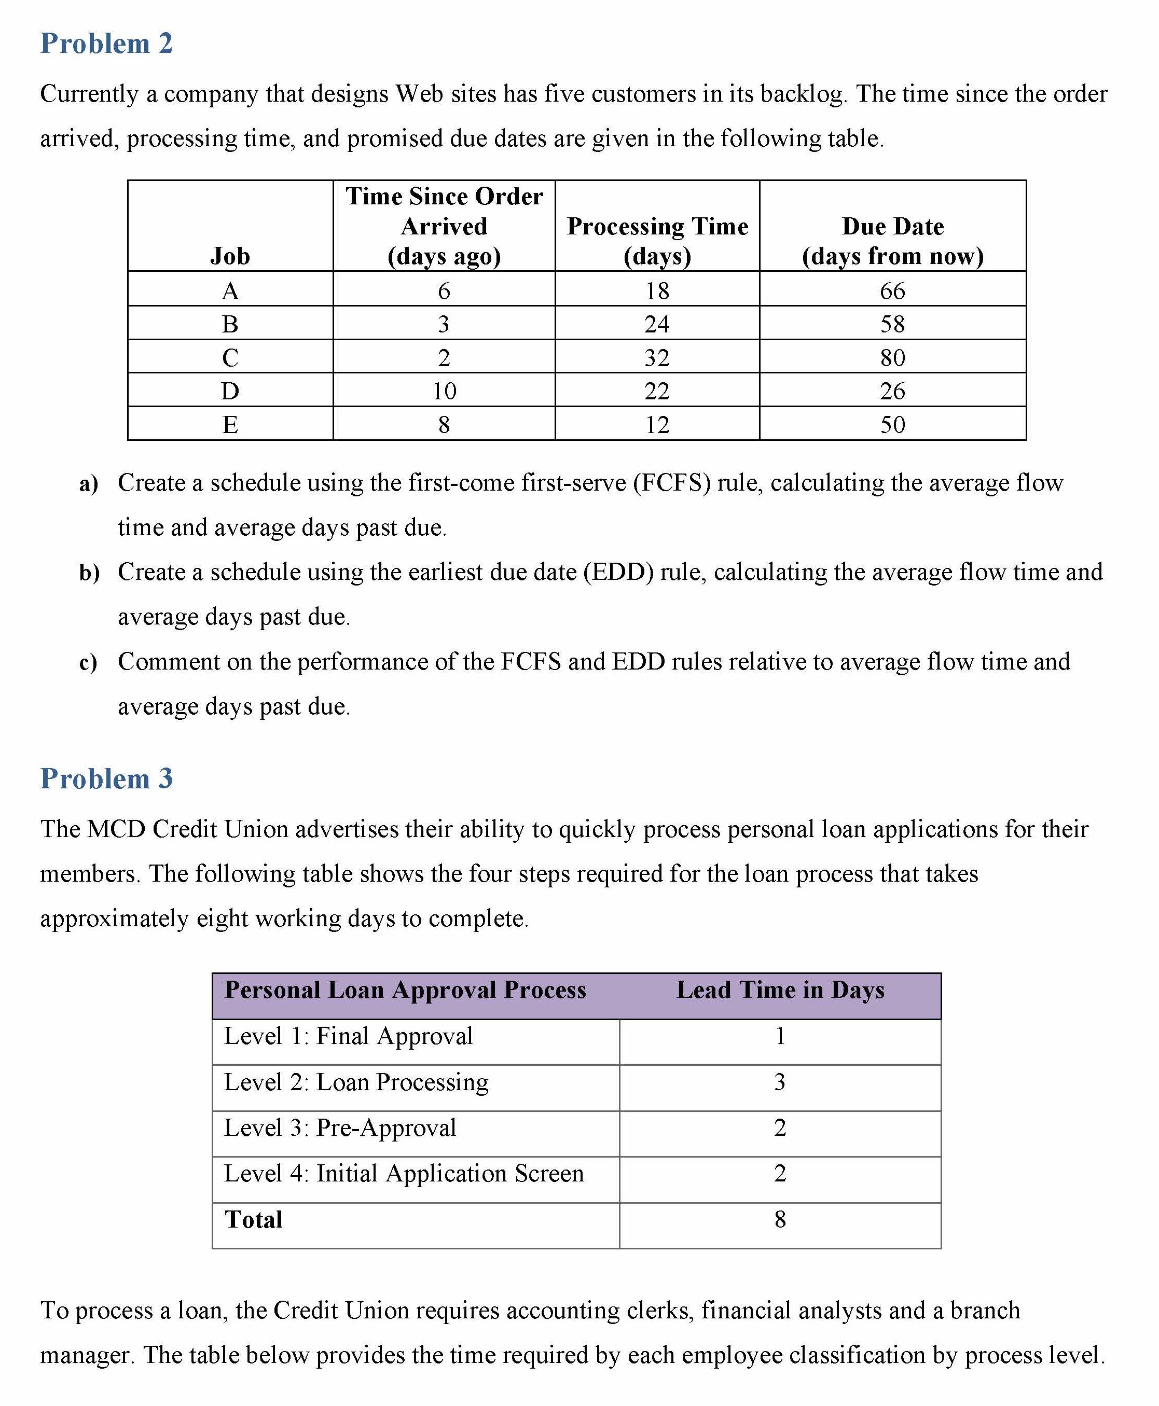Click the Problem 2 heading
pyautogui.click(x=106, y=44)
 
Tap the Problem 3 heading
pyautogui.click(x=106, y=779)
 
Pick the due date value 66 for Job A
pyautogui.click(x=893, y=291)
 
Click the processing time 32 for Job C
pyautogui.click(x=657, y=358)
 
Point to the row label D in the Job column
pyautogui.click(x=230, y=391)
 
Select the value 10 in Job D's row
pyautogui.click(x=444, y=391)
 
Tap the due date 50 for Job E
pyautogui.click(x=893, y=424)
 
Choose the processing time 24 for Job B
pyautogui.click(x=657, y=324)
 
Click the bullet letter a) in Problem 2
pyautogui.click(x=88, y=484)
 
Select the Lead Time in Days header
pyautogui.click(x=780, y=990)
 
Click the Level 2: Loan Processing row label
pyautogui.click(x=356, y=1082)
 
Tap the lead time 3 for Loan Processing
pyautogui.click(x=780, y=1082)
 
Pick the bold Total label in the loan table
pyautogui.click(x=254, y=1220)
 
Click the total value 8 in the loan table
pyautogui.click(x=780, y=1220)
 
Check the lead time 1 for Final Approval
pyautogui.click(x=780, y=1036)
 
